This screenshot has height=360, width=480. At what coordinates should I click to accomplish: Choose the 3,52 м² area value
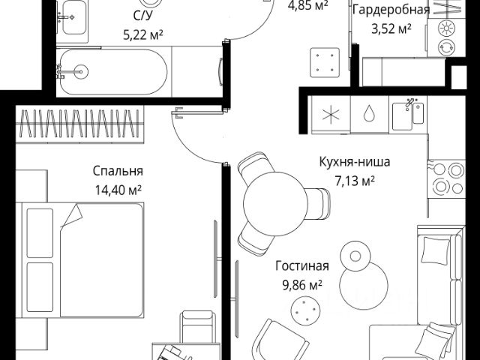[391, 29]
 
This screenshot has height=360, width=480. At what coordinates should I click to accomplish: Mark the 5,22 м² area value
[142, 33]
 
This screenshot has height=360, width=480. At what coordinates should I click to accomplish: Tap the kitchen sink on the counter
[411, 115]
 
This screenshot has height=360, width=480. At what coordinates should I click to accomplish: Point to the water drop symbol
[368, 115]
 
